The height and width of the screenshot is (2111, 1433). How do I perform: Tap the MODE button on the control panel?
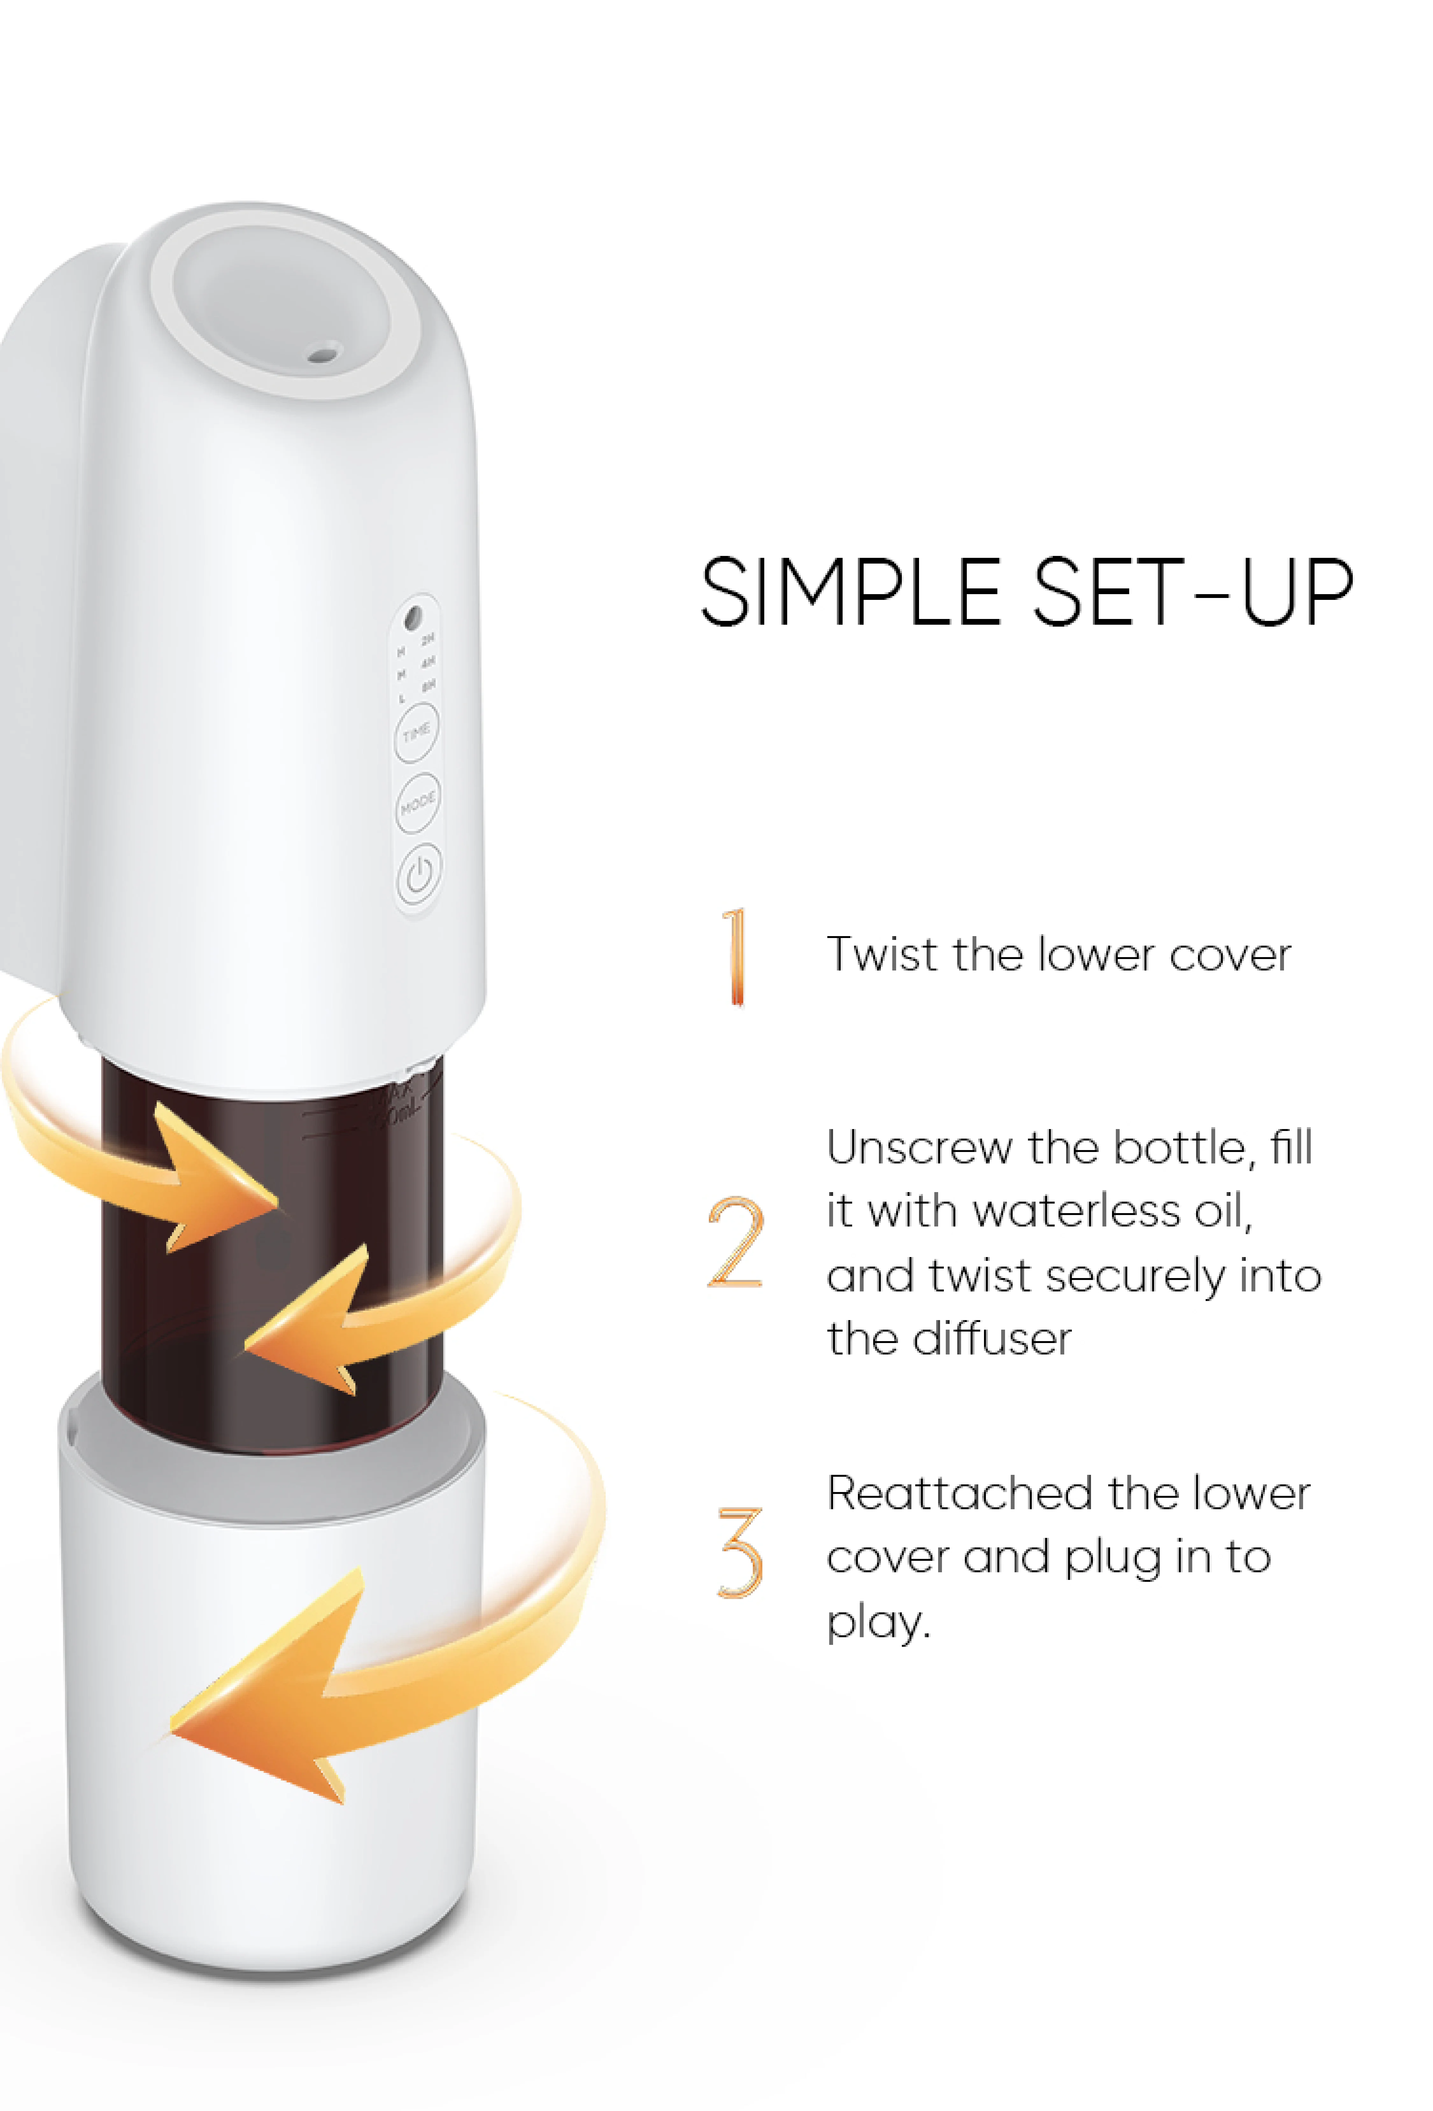[x=418, y=802]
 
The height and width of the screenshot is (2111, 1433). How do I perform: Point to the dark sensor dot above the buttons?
[x=412, y=618]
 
